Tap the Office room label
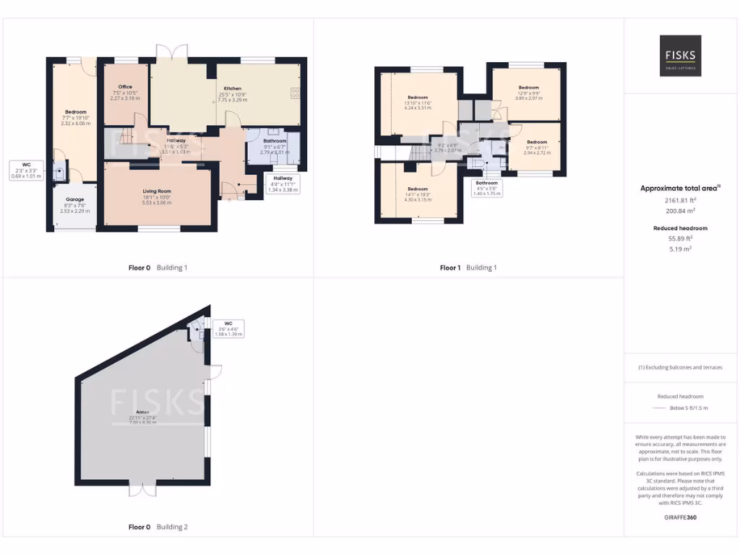coord(125,87)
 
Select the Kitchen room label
coord(233,88)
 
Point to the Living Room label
coord(157,192)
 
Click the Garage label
coord(75,199)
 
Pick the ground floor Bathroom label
coord(275,141)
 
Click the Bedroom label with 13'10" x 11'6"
coord(418,98)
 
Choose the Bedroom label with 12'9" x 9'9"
coord(528,87)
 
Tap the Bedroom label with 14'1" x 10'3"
coord(418,189)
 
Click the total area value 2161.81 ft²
coord(679,200)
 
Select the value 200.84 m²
coord(679,211)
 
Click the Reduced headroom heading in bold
coord(679,228)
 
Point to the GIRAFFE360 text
coord(679,517)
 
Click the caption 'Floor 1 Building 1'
coord(468,267)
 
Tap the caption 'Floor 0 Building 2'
coord(158,527)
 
